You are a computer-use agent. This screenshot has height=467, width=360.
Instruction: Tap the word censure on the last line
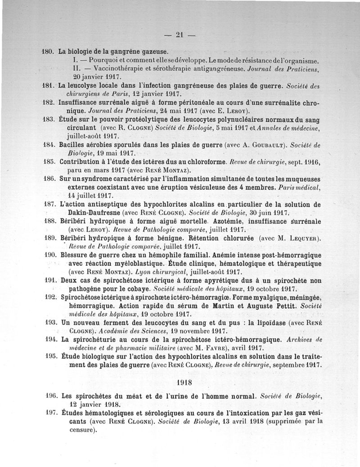click(x=80, y=429)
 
